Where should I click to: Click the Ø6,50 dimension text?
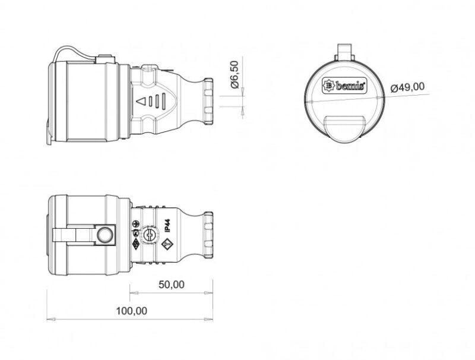[235, 75]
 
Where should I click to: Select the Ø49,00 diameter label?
[407, 87]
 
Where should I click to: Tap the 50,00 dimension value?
[171, 285]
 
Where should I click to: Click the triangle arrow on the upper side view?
[141, 102]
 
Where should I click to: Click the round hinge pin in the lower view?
[105, 236]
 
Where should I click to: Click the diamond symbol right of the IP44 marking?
[167, 243]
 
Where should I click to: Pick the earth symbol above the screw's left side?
[136, 223]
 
